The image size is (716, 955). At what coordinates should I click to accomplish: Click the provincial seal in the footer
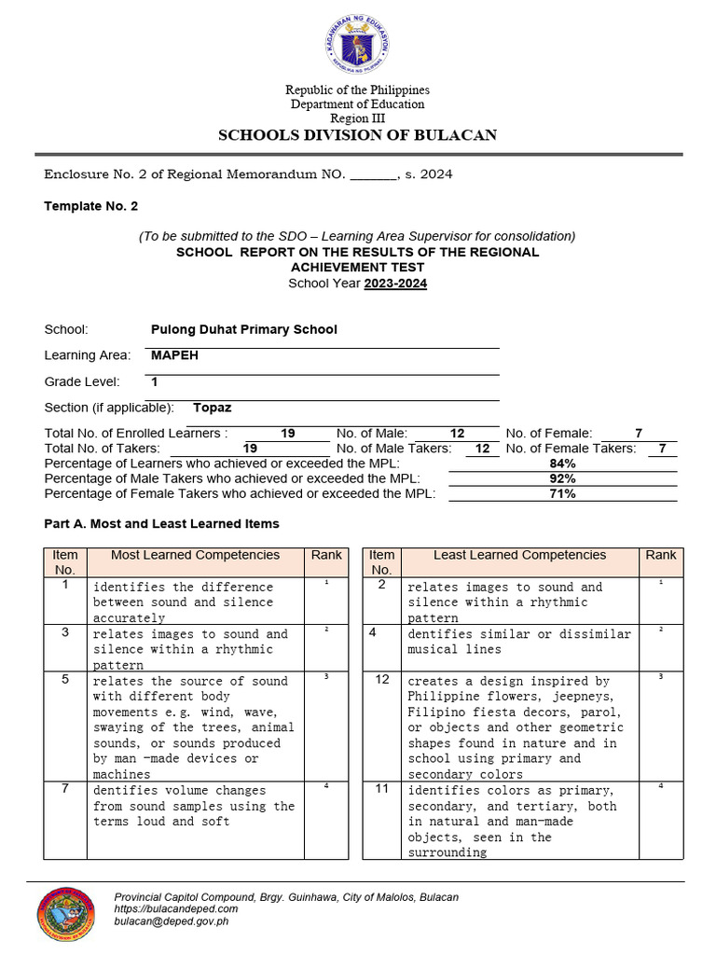click(65, 913)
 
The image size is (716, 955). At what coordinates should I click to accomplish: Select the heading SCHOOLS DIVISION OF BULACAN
click(357, 135)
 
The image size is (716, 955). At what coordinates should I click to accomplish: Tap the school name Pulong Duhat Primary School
click(243, 329)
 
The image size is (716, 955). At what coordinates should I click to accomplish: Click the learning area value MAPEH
click(174, 355)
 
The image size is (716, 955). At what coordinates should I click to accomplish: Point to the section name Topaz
click(212, 408)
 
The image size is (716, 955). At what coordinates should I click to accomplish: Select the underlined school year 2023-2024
click(395, 284)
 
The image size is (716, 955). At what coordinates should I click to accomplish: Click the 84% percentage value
click(563, 464)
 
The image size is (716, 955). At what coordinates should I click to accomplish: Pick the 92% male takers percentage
click(563, 478)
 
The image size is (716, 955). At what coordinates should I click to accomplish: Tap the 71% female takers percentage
click(563, 493)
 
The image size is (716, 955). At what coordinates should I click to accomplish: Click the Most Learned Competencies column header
click(195, 555)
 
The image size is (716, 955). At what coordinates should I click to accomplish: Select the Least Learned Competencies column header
click(519, 555)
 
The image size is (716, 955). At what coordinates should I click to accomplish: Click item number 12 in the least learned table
click(382, 680)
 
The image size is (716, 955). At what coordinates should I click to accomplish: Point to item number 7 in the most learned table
click(65, 789)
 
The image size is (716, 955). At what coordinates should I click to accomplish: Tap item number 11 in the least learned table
click(382, 789)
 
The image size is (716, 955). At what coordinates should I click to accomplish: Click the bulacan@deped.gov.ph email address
click(171, 920)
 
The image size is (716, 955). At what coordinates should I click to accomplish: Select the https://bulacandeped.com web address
click(175, 908)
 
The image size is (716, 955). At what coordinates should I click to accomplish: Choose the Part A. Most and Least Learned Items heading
click(161, 524)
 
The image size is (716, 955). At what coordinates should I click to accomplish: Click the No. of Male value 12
click(457, 434)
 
